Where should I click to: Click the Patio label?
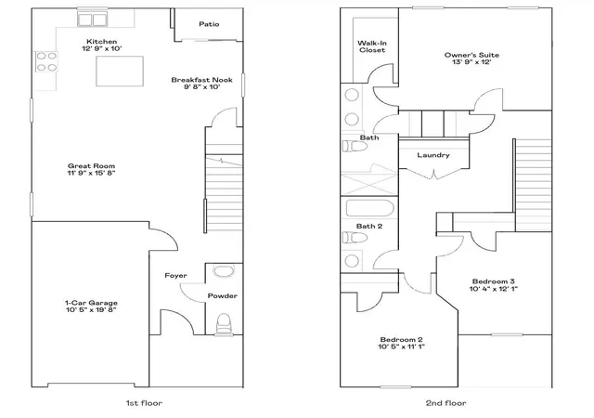click(209, 24)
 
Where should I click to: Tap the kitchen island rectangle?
click(120, 71)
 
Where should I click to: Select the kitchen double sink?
click(93, 19)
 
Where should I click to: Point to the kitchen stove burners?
click(46, 62)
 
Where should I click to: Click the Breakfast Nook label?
click(201, 80)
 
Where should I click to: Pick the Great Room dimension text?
click(91, 173)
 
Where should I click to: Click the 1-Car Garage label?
click(91, 303)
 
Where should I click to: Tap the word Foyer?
click(175, 275)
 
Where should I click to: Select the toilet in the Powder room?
click(224, 323)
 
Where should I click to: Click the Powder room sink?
click(225, 271)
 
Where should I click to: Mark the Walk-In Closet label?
click(372, 46)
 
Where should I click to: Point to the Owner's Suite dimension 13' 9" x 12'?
click(471, 62)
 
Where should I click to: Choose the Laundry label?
click(433, 155)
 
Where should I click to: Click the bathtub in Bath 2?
click(369, 208)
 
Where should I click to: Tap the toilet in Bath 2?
click(355, 238)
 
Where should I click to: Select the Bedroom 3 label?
click(493, 281)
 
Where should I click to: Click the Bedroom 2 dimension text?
click(401, 346)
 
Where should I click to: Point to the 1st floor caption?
click(144, 403)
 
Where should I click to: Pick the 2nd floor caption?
click(445, 403)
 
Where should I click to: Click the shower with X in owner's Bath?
click(369, 184)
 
